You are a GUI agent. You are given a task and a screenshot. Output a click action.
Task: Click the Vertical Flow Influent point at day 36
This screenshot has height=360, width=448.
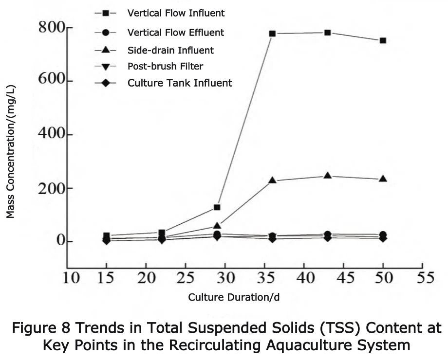[x=272, y=34]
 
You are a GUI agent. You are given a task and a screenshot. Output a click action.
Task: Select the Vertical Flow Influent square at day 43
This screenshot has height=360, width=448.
[x=328, y=33]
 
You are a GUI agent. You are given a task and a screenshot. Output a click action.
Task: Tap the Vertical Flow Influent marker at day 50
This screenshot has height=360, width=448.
[x=383, y=40]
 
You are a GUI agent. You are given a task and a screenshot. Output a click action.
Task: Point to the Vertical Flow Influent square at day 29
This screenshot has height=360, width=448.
[x=217, y=207]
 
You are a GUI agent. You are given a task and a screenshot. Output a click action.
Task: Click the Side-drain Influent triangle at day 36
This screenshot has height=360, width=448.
[x=272, y=180]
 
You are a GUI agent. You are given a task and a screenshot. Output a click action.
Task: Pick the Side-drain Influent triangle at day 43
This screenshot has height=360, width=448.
[x=328, y=175]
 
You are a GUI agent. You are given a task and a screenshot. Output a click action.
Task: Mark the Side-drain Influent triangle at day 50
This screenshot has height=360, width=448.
[x=383, y=179]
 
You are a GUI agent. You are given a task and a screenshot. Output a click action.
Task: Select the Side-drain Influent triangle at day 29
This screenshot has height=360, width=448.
[x=217, y=226]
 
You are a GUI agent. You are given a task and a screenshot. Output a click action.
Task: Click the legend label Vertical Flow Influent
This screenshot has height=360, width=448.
[x=169, y=12]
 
